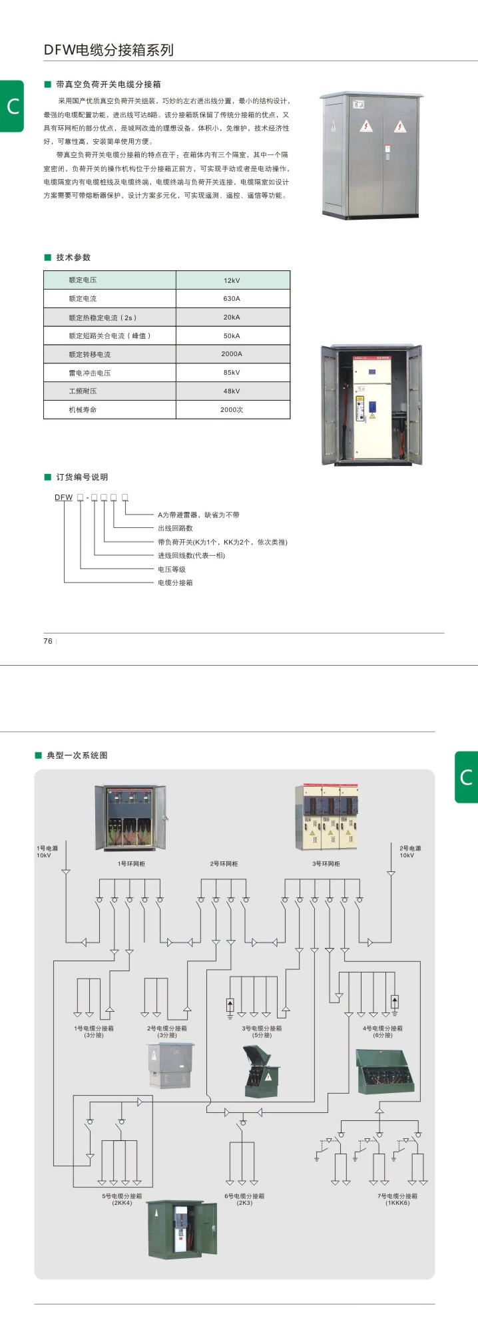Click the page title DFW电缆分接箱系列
click(109, 50)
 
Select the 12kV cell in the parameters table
click(232, 280)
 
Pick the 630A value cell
click(232, 299)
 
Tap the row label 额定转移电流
click(90, 354)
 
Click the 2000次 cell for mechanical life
click(232, 410)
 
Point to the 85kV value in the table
click(232, 373)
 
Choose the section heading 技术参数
click(73, 258)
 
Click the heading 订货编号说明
click(81, 477)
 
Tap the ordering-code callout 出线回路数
click(175, 528)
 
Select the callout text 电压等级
click(172, 569)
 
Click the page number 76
click(48, 641)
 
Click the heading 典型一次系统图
click(77, 756)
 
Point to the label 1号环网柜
click(131, 864)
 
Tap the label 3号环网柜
click(326, 864)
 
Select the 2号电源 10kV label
click(410, 851)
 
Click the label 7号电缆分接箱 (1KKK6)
click(397, 1199)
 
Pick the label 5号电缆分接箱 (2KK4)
click(122, 1199)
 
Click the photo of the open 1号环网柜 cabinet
click(130, 817)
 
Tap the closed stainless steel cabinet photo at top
click(371, 156)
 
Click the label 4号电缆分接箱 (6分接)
click(382, 1032)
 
